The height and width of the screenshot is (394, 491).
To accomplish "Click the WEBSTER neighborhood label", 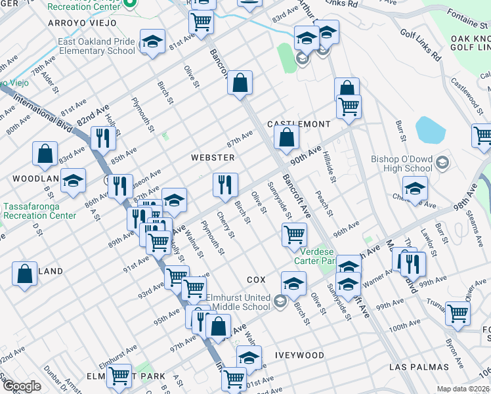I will [x=212, y=158].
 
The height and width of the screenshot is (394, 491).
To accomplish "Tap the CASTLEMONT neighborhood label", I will [x=299, y=124].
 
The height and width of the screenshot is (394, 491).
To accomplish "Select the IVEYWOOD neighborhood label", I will [x=301, y=355].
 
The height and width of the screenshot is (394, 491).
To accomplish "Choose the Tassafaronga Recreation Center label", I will [x=39, y=211].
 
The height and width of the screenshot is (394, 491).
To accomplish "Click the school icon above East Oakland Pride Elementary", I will [x=152, y=43].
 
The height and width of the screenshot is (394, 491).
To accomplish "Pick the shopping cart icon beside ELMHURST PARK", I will [x=118, y=376].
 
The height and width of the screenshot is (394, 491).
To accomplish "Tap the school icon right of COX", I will [x=294, y=283].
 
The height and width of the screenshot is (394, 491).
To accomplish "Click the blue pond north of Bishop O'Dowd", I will [x=429, y=130].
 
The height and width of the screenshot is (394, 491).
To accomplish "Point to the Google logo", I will [x=22, y=386].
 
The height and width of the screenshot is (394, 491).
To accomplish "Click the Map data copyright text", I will [x=462, y=389].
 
